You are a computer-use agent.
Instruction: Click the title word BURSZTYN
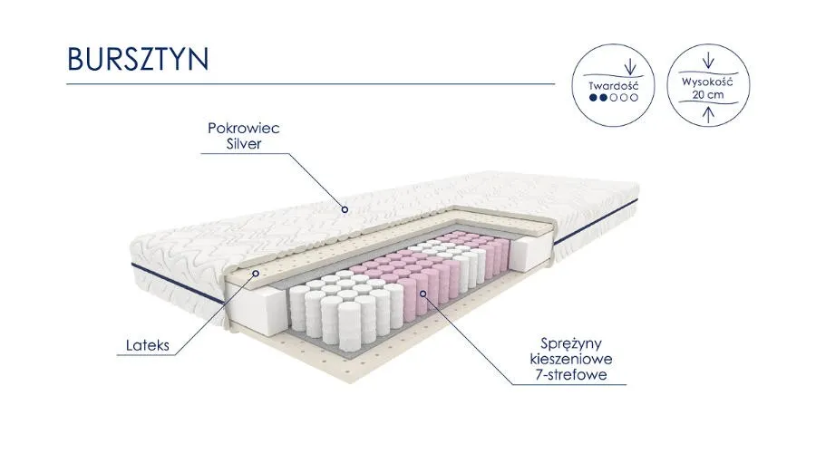pyautogui.click(x=138, y=57)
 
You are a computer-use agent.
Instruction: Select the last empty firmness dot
pyautogui.click(x=635, y=96)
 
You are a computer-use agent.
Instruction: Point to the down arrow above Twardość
pyautogui.click(x=627, y=67)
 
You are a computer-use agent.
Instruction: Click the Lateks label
pyautogui.click(x=147, y=345)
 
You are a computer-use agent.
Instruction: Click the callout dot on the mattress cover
pyautogui.click(x=345, y=208)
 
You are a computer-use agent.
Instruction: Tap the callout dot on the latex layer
pyautogui.click(x=256, y=272)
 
